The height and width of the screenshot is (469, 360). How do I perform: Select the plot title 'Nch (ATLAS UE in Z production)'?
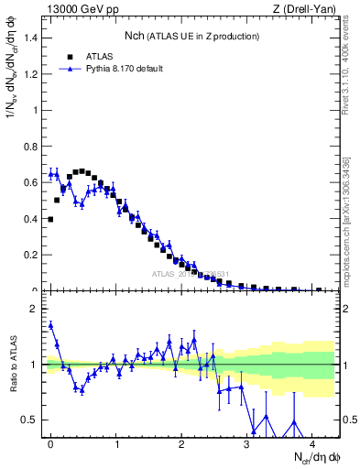tap(191, 36)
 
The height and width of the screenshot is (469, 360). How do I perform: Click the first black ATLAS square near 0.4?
tap(50, 219)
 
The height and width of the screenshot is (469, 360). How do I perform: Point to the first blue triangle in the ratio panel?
tap(50, 324)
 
